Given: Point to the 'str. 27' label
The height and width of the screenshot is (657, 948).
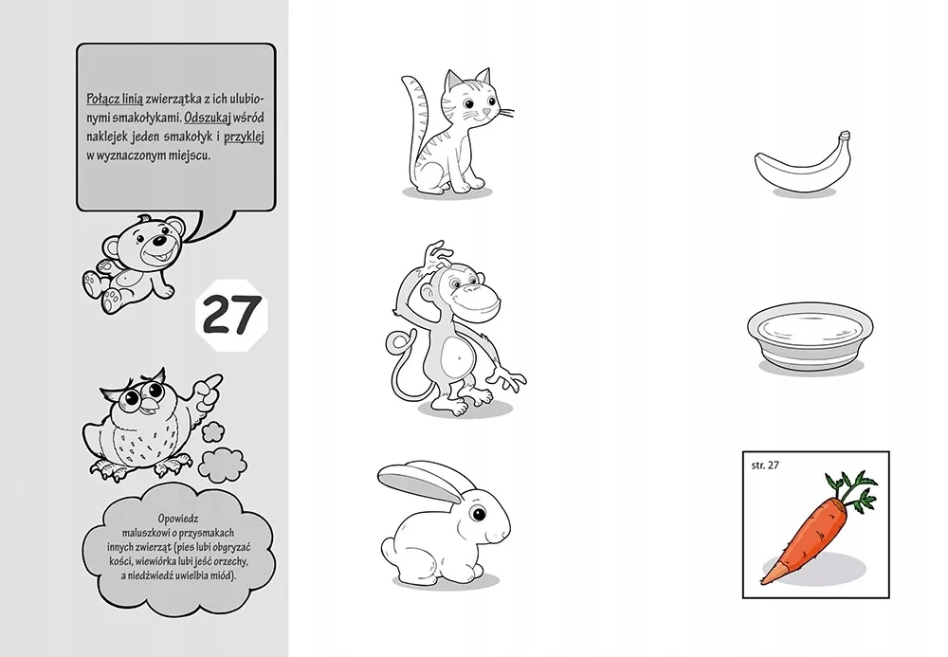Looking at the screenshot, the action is coord(765,465).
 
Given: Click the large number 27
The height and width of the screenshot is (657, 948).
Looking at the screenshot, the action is coord(232,315).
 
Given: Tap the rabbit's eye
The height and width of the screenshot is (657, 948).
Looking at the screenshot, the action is coord(480,514).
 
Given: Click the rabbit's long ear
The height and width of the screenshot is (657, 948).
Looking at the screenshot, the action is coord(420,482).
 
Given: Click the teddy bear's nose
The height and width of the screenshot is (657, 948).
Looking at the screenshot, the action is coord(158,240).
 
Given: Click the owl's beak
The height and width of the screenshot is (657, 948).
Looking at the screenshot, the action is coord(147,405).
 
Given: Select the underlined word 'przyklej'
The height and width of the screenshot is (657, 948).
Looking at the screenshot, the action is coord(245,136).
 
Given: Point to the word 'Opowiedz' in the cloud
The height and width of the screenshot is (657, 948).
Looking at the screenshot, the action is coord(178,519).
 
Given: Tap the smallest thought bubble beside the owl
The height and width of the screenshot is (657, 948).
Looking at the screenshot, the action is coord(212,432).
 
